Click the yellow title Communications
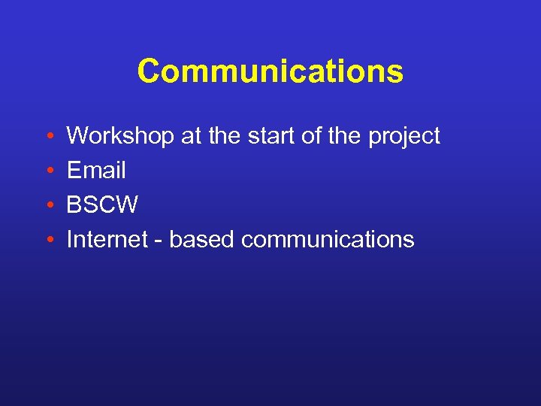(270, 72)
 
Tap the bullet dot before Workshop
(48, 137)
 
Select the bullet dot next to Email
(48, 171)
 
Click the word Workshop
(120, 136)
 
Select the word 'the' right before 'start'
(223, 136)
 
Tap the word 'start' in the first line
(269, 136)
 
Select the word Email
(96, 171)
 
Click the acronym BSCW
(102, 205)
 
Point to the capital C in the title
(149, 72)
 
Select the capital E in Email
(74, 171)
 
